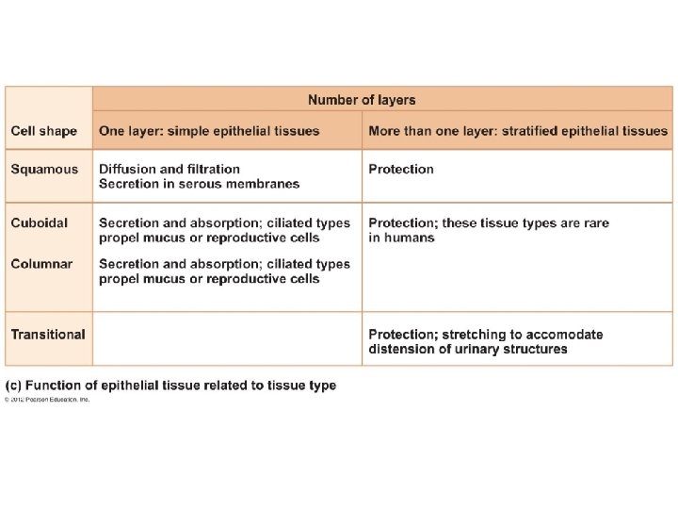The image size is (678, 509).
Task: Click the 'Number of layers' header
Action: tap(362, 100)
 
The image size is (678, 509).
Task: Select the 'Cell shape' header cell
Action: tap(43, 131)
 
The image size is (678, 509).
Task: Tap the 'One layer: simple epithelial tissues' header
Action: tap(209, 131)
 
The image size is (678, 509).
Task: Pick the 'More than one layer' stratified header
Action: tap(518, 131)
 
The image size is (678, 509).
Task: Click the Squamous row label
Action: tap(44, 170)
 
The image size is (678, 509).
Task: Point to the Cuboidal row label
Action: tap(40, 223)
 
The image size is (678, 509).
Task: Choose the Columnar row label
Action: tap(41, 264)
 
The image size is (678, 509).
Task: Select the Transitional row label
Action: tap(48, 335)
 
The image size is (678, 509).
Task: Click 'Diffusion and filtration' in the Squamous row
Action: tap(169, 170)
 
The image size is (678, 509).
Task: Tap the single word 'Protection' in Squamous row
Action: tap(401, 170)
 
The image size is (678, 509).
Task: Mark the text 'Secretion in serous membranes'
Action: tap(199, 184)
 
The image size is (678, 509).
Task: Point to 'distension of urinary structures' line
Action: tap(468, 349)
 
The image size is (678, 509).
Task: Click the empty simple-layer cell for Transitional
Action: tap(227, 338)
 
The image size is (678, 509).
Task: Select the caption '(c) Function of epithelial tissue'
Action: tap(170, 386)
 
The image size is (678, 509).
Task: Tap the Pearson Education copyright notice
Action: tap(47, 400)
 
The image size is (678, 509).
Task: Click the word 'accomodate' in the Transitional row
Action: tap(563, 335)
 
